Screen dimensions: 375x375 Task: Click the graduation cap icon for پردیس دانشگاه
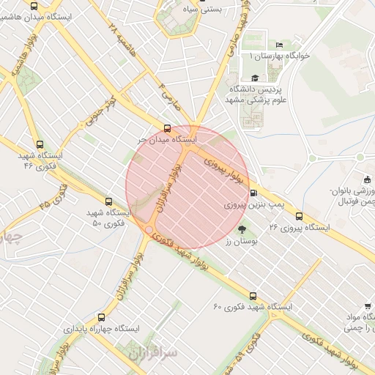coord(254,78)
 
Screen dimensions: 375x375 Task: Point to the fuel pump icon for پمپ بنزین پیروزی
coord(253,193)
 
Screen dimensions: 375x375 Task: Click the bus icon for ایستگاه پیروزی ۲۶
coord(299,216)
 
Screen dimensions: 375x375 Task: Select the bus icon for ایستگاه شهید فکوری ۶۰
coord(253,296)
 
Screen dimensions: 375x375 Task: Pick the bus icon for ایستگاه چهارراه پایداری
coord(101,318)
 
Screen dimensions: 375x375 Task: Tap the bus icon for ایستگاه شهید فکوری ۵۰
coord(108,201)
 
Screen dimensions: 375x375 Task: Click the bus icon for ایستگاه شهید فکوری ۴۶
coord(40,145)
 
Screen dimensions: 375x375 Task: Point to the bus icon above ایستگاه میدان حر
coord(168,126)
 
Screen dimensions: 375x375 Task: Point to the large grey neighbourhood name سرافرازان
coord(154,354)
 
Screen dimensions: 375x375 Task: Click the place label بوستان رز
coord(239,240)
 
